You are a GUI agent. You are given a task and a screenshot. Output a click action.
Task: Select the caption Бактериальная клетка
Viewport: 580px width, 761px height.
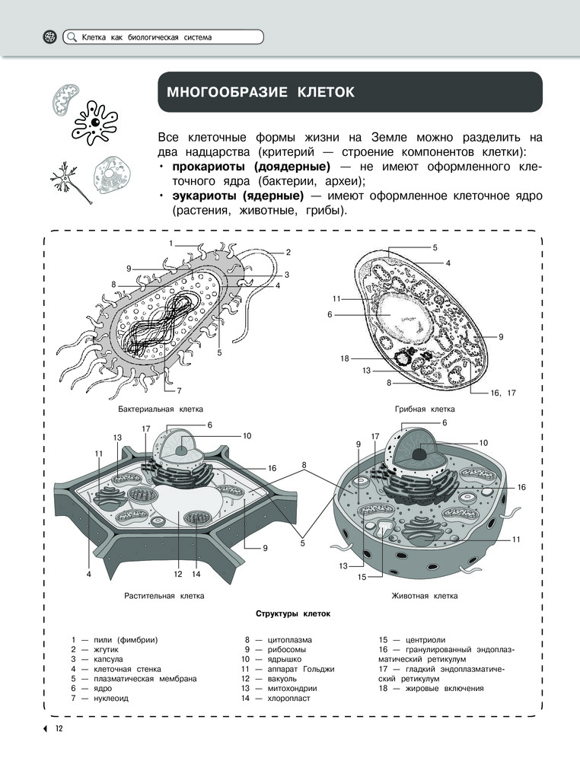161,409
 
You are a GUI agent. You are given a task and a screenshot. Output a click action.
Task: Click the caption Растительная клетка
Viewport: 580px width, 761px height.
164,596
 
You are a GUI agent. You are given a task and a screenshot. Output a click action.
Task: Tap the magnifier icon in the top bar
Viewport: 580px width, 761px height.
72,37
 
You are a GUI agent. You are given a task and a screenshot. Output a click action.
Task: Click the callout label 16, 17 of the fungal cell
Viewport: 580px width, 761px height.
503,393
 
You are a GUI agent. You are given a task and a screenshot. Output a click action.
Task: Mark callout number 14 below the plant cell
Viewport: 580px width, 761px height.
196,574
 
